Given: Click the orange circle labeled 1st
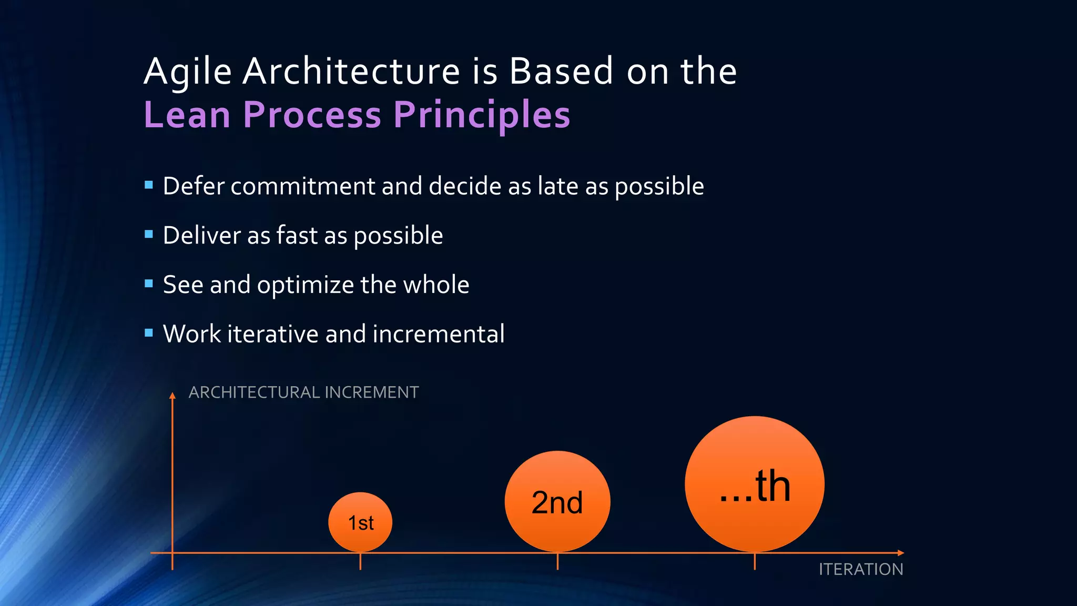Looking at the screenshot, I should (360, 522).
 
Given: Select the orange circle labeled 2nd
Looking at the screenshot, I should (557, 501).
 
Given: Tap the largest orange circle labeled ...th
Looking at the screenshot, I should (755, 484).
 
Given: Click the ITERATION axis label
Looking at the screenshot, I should (861, 569).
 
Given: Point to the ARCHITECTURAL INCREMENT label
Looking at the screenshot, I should (303, 392).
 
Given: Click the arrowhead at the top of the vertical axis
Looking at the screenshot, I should (172, 396).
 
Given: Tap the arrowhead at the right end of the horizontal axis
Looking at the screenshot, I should (900, 553).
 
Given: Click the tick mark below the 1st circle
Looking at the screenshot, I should (360, 562).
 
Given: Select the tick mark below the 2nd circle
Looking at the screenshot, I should (557, 562).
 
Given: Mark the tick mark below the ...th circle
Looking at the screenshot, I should (755, 562).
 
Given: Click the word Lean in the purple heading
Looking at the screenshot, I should (187, 115).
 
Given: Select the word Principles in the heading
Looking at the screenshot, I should (482, 115).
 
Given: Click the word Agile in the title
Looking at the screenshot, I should (188, 72).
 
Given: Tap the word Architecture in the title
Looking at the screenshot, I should (351, 72).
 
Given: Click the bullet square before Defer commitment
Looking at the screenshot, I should (149, 185).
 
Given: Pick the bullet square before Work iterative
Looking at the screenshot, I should (149, 333).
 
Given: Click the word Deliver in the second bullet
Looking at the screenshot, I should (201, 235).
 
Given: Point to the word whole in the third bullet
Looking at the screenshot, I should (436, 285).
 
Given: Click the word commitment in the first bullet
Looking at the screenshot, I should (302, 186).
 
